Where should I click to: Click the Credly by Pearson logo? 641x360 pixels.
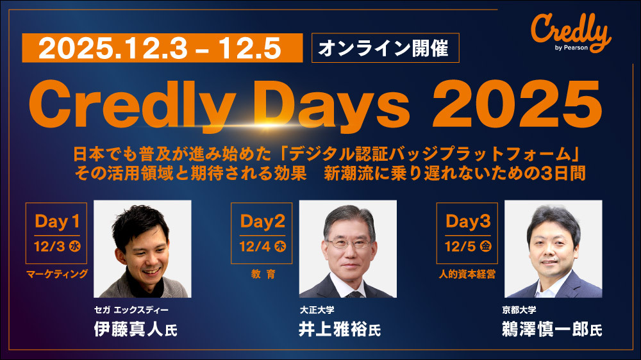(570, 33)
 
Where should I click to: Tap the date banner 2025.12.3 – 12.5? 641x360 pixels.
(162, 48)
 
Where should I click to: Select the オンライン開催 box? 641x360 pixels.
(385, 48)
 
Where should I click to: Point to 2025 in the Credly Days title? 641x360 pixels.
(517, 104)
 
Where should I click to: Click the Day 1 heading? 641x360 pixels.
(57, 221)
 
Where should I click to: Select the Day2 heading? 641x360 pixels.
(262, 221)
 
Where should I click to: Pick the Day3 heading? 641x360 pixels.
(468, 221)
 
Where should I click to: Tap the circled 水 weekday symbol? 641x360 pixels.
(75, 247)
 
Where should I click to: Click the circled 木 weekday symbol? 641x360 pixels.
(280, 247)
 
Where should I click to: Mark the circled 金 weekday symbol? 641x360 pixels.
(486, 247)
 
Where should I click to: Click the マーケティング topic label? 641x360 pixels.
(57, 274)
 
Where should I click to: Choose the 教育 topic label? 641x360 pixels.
(263, 274)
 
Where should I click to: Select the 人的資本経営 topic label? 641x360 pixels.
(467, 274)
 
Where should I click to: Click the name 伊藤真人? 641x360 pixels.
(129, 329)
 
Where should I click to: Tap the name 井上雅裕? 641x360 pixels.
(333, 329)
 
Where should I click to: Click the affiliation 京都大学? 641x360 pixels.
(519, 310)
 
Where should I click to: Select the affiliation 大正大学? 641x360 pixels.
(317, 310)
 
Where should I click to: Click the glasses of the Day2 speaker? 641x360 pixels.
(348, 244)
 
